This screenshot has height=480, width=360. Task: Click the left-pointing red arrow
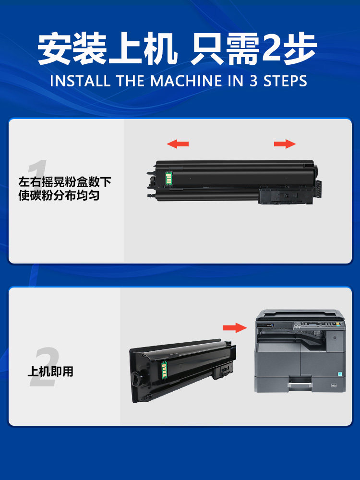click(178, 144)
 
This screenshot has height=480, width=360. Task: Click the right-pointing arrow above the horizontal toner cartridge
click(285, 144)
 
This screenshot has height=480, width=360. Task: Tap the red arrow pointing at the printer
click(235, 327)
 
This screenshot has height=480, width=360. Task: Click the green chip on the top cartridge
click(168, 177)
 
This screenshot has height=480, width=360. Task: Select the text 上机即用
click(50, 371)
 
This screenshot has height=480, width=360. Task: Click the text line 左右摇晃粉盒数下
click(65, 182)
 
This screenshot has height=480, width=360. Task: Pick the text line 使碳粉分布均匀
click(59, 196)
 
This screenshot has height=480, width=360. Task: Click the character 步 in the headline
click(300, 49)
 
